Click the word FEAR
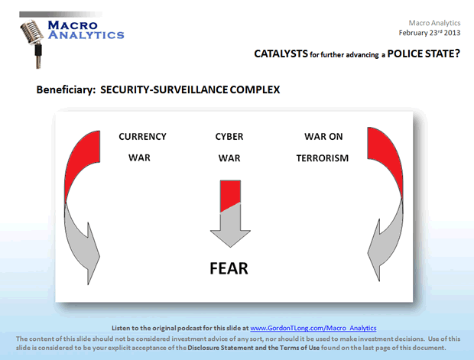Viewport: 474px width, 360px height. (x=229, y=269)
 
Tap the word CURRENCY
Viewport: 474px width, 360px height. (x=142, y=137)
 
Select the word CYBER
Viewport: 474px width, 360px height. (x=229, y=137)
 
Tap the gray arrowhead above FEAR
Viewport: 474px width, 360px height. (x=230, y=232)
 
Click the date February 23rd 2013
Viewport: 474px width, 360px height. (x=429, y=33)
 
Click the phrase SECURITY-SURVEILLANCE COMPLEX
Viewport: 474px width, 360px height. (x=190, y=89)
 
